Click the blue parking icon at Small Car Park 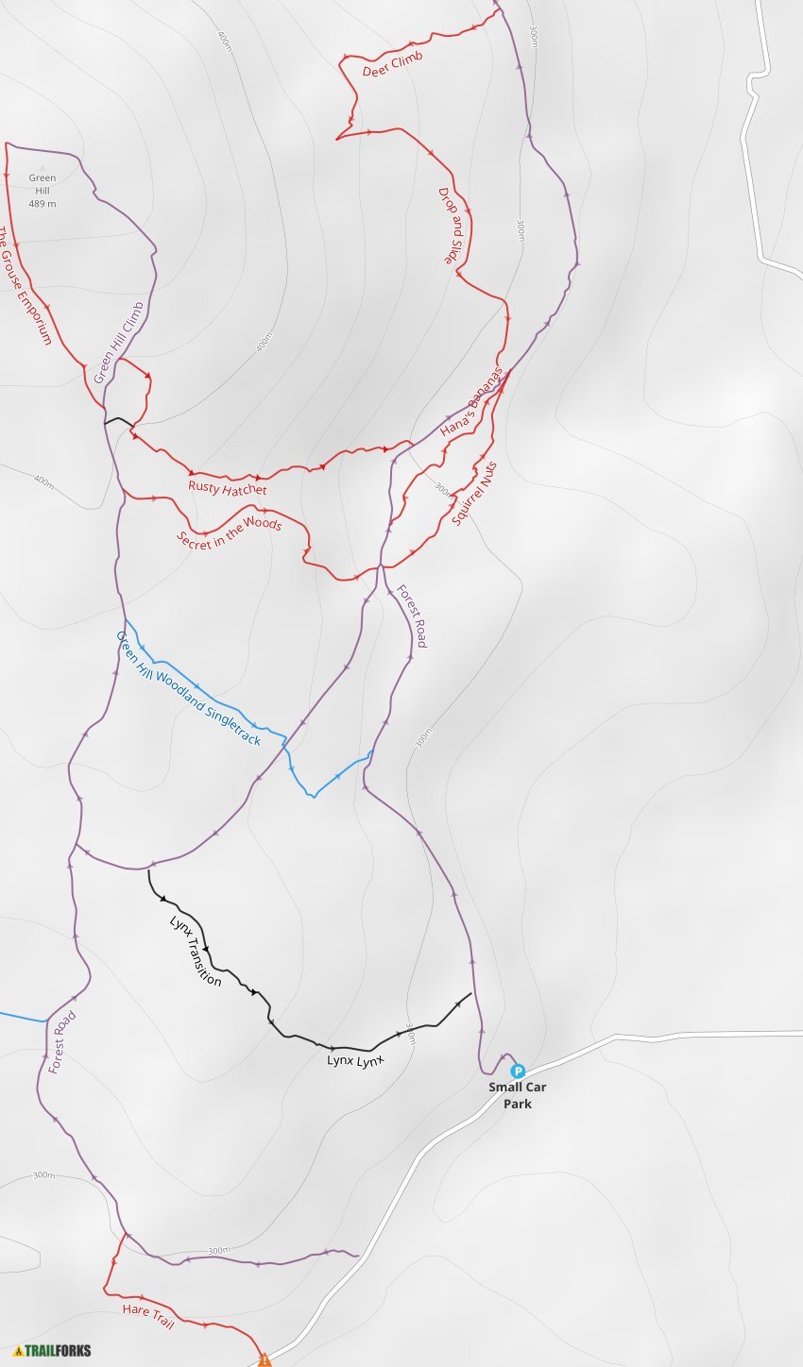tap(517, 1071)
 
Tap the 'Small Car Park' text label tap(517, 1095)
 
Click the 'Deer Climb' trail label tap(392, 63)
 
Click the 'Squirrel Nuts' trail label tap(473, 493)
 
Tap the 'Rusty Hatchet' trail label tap(227, 488)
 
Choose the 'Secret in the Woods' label tap(229, 532)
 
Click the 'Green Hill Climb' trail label tap(118, 343)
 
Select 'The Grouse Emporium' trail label tap(26, 285)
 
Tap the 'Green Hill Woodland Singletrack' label tap(187, 687)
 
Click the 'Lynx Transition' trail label tap(196, 951)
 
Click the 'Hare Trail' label tap(148, 1316)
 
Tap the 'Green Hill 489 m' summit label tap(42, 190)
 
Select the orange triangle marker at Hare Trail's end tap(265, 1359)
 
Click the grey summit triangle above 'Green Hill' tap(42, 168)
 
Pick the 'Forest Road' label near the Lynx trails tap(62, 1042)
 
